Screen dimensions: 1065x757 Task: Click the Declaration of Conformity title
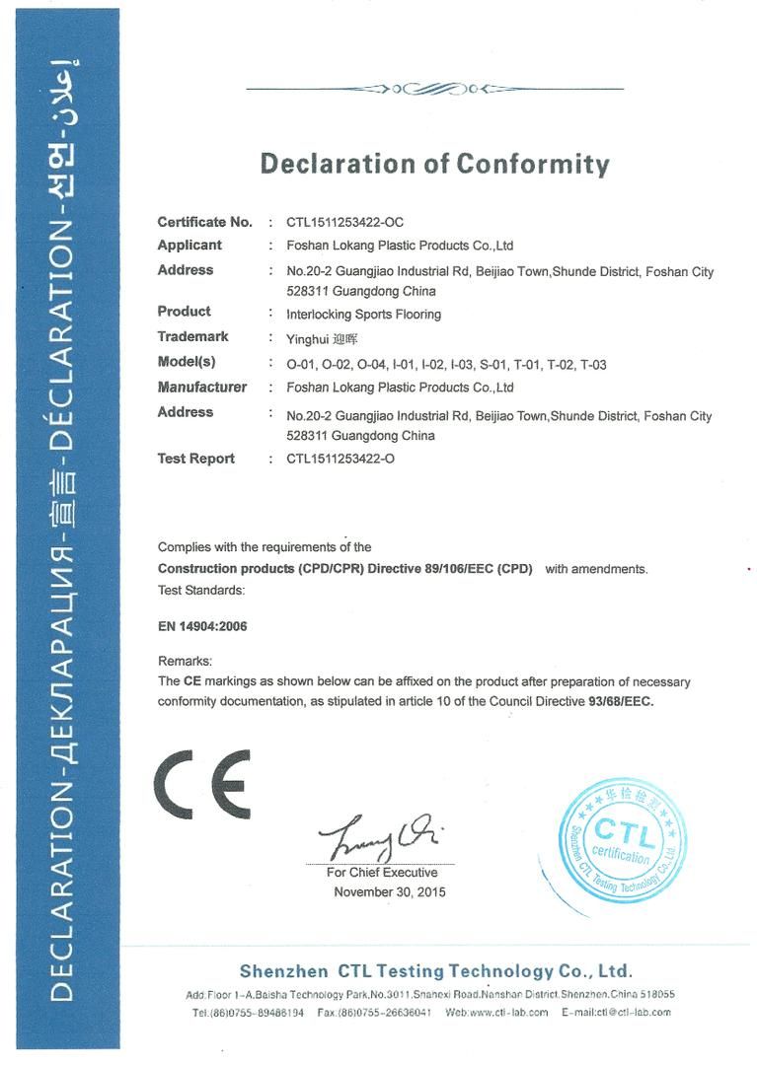click(434, 163)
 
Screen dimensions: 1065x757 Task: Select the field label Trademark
click(193, 337)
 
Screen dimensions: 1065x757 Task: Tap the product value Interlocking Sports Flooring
click(363, 315)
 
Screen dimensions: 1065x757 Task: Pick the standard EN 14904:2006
click(202, 625)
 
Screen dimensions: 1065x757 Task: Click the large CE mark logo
click(201, 789)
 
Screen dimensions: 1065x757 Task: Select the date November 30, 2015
click(390, 891)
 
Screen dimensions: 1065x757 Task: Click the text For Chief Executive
click(382, 873)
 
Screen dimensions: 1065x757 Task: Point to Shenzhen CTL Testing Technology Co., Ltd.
click(435, 971)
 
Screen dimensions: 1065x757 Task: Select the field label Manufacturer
click(202, 388)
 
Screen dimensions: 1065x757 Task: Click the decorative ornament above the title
click(434, 89)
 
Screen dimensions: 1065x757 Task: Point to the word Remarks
click(186, 661)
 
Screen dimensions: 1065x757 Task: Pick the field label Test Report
click(196, 459)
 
